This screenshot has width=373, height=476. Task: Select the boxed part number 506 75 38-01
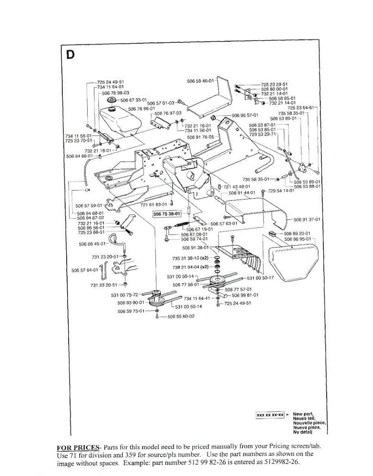click(x=167, y=213)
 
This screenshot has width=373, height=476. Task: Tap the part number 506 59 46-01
click(x=200, y=81)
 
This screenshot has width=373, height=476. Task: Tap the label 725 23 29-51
click(x=274, y=84)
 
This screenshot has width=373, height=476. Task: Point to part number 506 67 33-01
click(x=133, y=100)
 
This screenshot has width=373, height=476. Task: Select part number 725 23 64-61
click(x=301, y=108)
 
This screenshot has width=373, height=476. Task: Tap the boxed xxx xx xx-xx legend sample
click(x=270, y=415)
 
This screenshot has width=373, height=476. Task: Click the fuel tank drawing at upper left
click(x=119, y=121)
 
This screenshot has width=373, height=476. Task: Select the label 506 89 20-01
click(x=298, y=234)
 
